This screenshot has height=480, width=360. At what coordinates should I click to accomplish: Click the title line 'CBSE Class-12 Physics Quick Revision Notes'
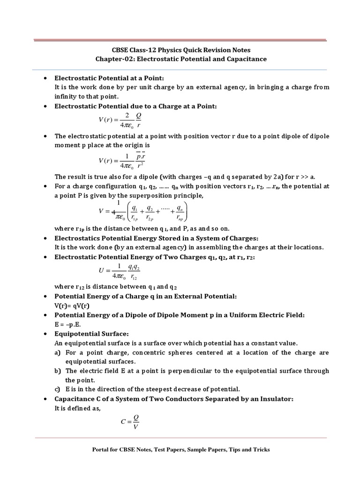[180, 50]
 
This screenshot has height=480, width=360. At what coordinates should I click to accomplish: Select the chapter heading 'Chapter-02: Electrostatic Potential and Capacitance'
[180, 59]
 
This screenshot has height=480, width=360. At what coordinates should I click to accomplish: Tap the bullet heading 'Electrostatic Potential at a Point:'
[110, 78]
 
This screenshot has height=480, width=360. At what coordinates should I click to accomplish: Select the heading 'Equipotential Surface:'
[91, 334]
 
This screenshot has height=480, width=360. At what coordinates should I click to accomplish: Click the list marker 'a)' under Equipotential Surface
[58, 352]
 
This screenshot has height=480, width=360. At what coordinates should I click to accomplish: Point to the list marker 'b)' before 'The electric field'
[58, 371]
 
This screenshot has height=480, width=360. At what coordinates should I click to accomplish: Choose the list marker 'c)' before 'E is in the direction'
[58, 389]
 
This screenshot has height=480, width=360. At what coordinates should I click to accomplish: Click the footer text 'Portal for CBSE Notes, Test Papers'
[180, 450]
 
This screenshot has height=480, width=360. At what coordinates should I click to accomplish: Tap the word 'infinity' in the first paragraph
[67, 96]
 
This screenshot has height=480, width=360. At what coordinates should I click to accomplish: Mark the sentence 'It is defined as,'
[78, 408]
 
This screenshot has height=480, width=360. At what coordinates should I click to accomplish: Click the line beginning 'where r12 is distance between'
[115, 287]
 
